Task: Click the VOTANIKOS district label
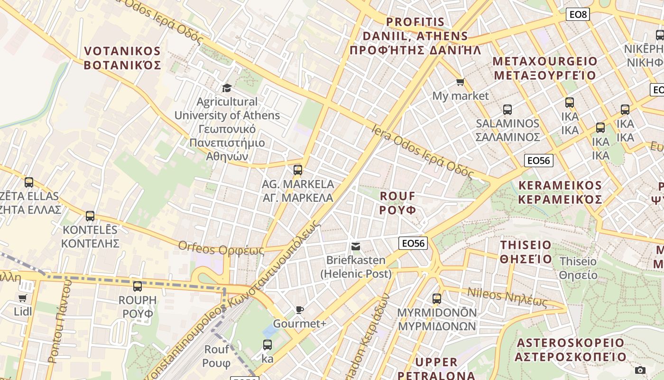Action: [x=122, y=58]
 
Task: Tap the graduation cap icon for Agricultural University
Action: [x=227, y=88]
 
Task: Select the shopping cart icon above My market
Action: [x=460, y=82]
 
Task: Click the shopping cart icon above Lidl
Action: [x=22, y=298]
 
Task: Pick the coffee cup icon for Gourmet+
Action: [x=299, y=310]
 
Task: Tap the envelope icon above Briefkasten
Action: [x=355, y=247]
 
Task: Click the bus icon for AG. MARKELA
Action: [x=298, y=170]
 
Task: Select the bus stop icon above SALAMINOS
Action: [x=507, y=110]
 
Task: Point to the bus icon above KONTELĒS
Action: [x=90, y=216]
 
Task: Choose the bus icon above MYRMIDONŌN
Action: [x=437, y=299]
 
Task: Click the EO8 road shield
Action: [x=578, y=14]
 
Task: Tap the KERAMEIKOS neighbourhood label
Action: [x=560, y=192]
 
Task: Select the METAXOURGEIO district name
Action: [x=545, y=68]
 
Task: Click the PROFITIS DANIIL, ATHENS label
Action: [x=415, y=36]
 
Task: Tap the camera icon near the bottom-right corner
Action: [x=640, y=370]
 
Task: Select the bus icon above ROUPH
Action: [x=138, y=286]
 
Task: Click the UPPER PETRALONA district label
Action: [x=436, y=369]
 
